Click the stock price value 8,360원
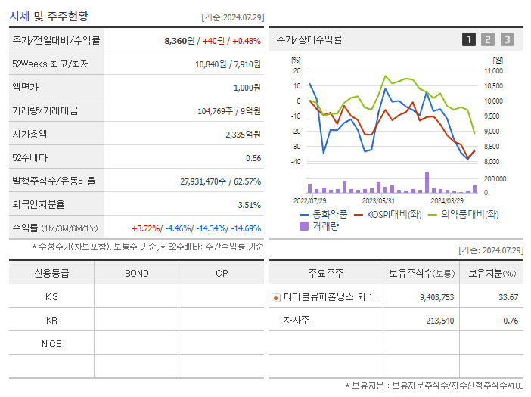(179, 41)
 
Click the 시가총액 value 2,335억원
(243, 135)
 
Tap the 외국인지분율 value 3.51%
(249, 205)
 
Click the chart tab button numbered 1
(469, 39)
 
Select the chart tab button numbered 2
(488, 39)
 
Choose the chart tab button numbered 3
(507, 39)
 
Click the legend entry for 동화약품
(322, 214)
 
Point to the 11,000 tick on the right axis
(492, 70)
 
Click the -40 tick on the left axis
(296, 162)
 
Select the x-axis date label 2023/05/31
(378, 201)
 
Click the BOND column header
(136, 274)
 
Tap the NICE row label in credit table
(51, 344)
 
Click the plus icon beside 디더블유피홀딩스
(275, 298)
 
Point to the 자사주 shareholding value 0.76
(510, 321)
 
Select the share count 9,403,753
(436, 298)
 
